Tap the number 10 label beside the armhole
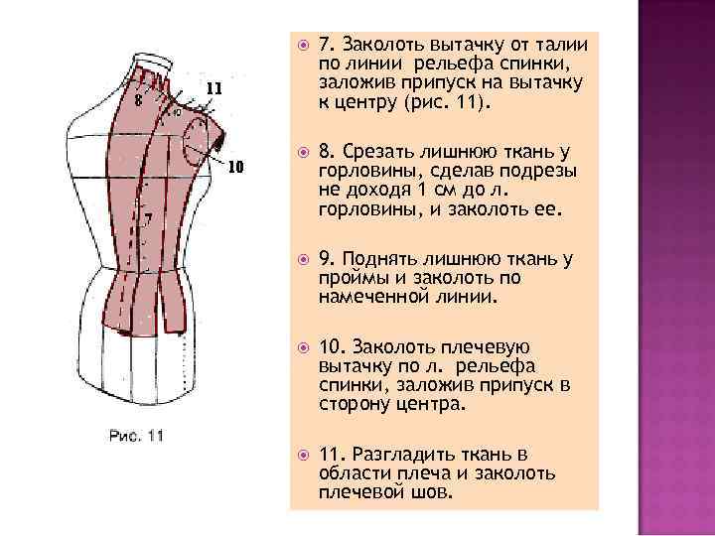tap(235, 166)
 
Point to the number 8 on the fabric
tap(138, 99)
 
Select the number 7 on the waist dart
tap(148, 217)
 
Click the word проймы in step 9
tap(351, 279)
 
